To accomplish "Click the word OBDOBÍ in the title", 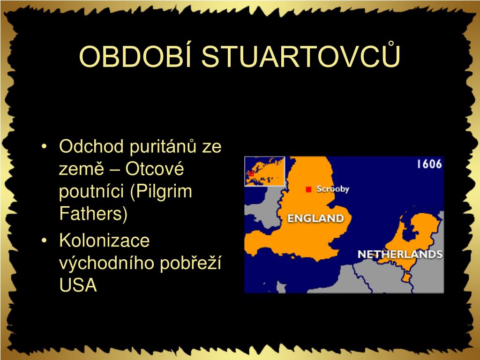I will coord(136,57).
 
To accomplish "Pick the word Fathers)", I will coord(93,214).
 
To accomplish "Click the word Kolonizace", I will coord(104,241).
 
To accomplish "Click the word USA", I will coord(78,285).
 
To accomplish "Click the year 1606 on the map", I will coord(429,164).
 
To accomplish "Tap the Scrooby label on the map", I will coord(332,189).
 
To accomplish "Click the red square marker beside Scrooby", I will coord(308,189).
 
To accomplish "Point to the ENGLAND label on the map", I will coord(315,218).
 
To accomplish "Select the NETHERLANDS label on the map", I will coord(400,255).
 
